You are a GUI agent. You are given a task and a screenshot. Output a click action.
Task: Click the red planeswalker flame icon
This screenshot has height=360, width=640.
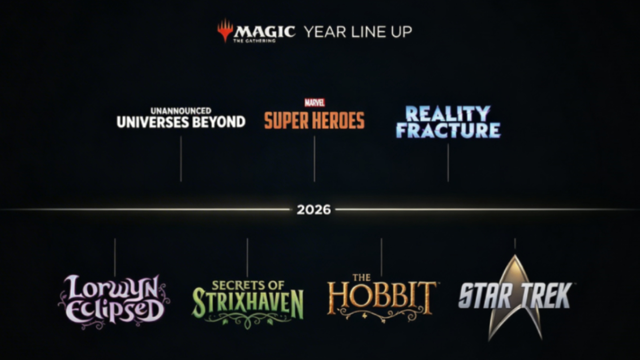click(x=225, y=30)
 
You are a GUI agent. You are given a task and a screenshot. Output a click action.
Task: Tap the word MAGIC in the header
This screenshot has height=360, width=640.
click(x=264, y=31)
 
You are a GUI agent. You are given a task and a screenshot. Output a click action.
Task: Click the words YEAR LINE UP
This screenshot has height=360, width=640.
click(x=358, y=32)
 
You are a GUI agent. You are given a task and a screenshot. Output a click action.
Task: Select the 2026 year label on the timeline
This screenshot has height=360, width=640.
click(x=314, y=210)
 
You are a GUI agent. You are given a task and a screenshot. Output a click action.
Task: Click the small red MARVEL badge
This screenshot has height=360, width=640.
click(x=314, y=103)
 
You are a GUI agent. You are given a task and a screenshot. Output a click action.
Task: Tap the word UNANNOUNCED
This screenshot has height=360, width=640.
click(x=181, y=111)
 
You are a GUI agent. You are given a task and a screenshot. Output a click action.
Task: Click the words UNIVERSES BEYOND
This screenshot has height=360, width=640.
click(x=181, y=122)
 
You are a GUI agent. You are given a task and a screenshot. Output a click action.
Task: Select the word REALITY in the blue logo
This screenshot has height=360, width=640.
click(x=448, y=114)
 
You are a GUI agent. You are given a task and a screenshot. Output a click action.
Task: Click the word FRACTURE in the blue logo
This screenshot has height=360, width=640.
click(x=448, y=130)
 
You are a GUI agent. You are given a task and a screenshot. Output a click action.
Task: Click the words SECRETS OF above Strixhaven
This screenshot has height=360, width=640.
click(x=248, y=285)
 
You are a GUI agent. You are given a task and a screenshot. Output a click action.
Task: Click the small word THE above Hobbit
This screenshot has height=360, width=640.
click(x=361, y=277)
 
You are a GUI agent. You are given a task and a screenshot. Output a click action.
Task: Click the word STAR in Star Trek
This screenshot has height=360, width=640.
click(x=485, y=296)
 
